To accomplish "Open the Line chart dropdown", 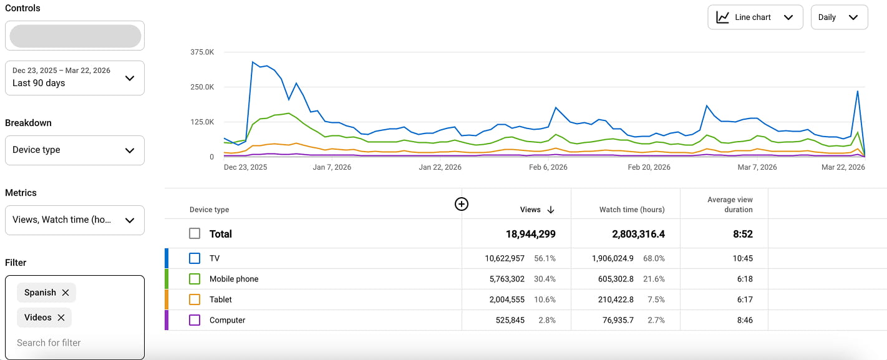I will click(755, 17).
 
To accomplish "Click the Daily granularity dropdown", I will click(839, 17).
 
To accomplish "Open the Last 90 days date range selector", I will click(74, 77).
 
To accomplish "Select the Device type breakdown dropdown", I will click(74, 150).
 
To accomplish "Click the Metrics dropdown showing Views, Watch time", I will click(74, 220).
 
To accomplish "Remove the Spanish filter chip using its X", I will click(65, 293).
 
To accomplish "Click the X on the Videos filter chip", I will click(61, 318).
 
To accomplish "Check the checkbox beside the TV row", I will click(195, 258).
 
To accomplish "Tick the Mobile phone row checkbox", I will click(195, 279).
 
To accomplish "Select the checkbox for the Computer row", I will click(195, 320).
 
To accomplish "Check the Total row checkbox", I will click(195, 234).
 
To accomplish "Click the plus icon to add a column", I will click(462, 204).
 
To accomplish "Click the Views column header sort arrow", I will click(550, 210).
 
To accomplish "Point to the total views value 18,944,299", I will click(530, 234).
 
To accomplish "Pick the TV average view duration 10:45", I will click(744, 258).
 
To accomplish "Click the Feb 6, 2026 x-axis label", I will click(548, 167).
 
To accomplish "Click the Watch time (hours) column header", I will click(631, 210).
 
